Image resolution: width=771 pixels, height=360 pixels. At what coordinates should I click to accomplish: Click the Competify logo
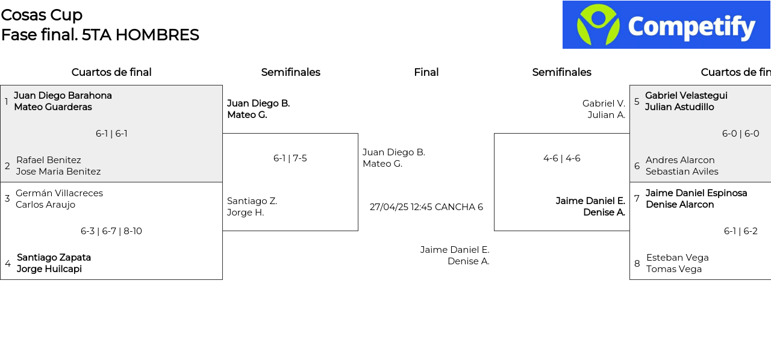(x=666, y=25)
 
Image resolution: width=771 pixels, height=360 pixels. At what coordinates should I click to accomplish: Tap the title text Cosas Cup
(x=42, y=15)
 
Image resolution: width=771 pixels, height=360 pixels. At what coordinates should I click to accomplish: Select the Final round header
(x=426, y=72)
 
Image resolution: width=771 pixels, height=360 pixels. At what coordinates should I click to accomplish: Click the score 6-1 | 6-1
(x=111, y=134)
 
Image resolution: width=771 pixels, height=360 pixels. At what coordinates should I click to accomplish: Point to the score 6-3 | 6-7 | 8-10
(x=111, y=231)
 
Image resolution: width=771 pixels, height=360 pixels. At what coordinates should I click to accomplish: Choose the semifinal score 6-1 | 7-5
(x=290, y=158)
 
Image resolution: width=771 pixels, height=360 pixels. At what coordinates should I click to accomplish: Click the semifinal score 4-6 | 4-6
(x=562, y=158)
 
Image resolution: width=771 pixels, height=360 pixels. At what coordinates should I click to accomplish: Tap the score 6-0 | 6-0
(x=741, y=134)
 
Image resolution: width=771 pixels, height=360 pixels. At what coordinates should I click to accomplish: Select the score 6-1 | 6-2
(x=741, y=231)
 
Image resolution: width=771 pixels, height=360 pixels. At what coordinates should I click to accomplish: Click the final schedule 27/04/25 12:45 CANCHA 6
(x=426, y=207)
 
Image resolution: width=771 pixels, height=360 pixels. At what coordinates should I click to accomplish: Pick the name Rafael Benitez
(x=49, y=160)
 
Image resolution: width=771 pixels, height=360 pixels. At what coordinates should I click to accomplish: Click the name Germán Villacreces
(x=59, y=193)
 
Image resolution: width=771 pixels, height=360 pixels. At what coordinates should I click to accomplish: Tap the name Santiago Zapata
(x=54, y=258)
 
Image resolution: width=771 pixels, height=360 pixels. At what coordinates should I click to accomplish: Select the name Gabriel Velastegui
(x=686, y=96)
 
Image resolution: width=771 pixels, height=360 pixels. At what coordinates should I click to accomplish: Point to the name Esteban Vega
(x=678, y=258)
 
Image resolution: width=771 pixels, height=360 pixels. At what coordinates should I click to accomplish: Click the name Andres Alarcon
(x=680, y=160)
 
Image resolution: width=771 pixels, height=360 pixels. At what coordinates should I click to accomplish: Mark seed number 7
(x=637, y=199)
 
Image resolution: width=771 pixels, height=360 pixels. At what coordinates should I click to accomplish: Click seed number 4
(x=8, y=263)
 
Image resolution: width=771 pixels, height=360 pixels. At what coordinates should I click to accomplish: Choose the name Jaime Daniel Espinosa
(x=696, y=193)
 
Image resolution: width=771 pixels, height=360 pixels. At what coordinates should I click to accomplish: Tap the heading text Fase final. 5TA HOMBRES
(x=100, y=35)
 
